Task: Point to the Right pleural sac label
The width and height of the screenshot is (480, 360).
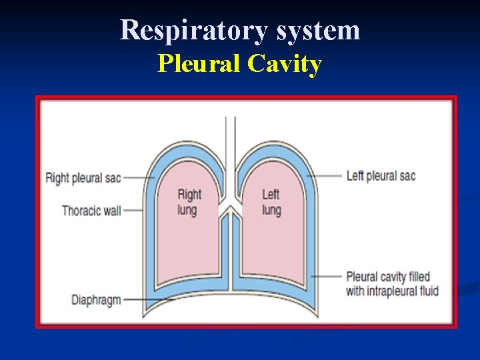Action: tap(83, 178)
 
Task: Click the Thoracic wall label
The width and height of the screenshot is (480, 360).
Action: tap(91, 211)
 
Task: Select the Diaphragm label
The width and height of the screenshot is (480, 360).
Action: tap(96, 299)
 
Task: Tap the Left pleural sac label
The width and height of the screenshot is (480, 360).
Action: tap(381, 176)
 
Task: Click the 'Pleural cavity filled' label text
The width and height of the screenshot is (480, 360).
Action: tap(388, 277)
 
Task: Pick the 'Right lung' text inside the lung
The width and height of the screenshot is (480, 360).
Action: tap(189, 202)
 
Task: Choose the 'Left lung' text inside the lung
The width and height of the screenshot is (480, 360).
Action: tap(271, 202)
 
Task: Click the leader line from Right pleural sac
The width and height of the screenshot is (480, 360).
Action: tap(139, 178)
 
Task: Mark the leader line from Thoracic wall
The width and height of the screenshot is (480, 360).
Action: tap(133, 211)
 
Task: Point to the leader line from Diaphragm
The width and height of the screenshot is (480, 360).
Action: tap(143, 299)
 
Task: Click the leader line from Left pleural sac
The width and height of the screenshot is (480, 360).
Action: tap(326, 176)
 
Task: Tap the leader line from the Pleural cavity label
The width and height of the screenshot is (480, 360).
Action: tap(327, 277)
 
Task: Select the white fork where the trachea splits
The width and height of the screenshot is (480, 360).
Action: tap(230, 204)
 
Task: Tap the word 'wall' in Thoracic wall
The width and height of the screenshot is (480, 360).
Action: tap(109, 211)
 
